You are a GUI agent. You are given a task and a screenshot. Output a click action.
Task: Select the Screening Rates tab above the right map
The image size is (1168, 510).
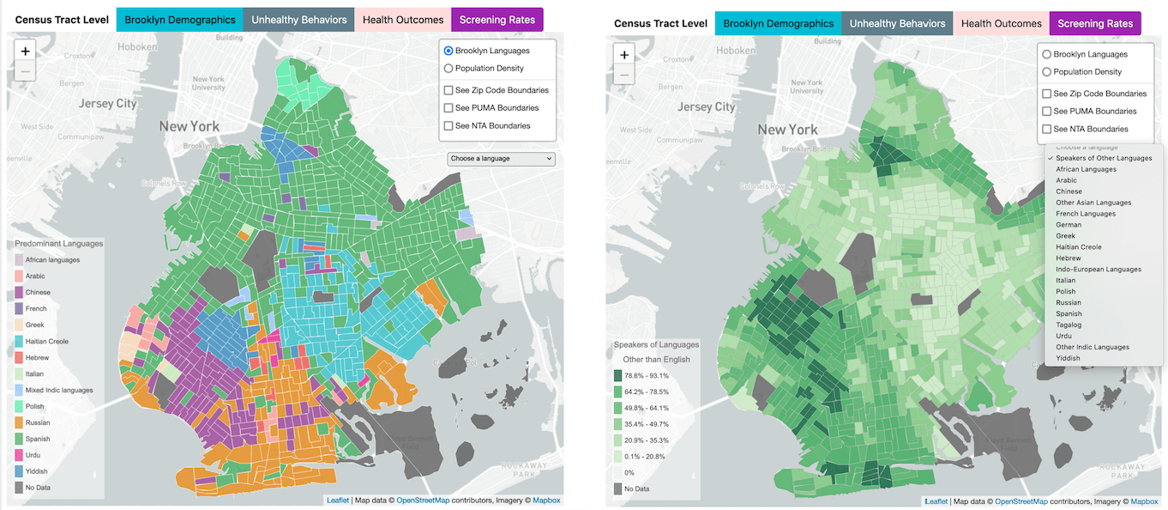pyautogui.click(x=1095, y=23)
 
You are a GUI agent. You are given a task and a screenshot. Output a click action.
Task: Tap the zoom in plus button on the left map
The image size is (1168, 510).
pyautogui.click(x=26, y=52)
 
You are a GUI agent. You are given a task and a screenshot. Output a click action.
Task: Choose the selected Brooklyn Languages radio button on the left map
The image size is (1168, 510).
pyautogui.click(x=449, y=52)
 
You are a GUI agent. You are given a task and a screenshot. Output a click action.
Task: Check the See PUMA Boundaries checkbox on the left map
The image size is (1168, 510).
pyautogui.click(x=449, y=108)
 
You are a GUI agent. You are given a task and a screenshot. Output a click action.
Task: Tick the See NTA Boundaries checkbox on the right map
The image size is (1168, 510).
pyautogui.click(x=1047, y=129)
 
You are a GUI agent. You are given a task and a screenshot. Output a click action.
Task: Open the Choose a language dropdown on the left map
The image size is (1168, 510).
pyautogui.click(x=501, y=159)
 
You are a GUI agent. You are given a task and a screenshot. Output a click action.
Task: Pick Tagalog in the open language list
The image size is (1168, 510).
pyautogui.click(x=1069, y=325)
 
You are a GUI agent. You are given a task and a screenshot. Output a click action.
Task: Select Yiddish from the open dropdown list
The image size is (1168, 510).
pyautogui.click(x=1068, y=358)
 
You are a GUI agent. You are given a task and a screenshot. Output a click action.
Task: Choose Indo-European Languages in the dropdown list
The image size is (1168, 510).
pyautogui.click(x=1099, y=270)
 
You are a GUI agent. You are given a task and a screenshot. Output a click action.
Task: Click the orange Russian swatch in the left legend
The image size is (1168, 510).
pyautogui.click(x=19, y=422)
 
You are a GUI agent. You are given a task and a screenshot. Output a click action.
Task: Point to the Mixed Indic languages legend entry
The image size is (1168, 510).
pyautogui.click(x=58, y=390)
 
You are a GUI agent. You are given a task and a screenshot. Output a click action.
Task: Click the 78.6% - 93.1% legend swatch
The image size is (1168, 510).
pyautogui.click(x=618, y=375)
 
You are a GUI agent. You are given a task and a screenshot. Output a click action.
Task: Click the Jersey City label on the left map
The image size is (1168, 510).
pyautogui.click(x=107, y=103)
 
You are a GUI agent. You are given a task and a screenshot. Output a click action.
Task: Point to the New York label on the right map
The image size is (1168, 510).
pyautogui.click(x=787, y=130)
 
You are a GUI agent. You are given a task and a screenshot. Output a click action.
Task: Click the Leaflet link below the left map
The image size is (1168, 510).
pyautogui.click(x=337, y=501)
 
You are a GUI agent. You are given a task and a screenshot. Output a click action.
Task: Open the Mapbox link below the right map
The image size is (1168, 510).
pyautogui.click(x=1144, y=501)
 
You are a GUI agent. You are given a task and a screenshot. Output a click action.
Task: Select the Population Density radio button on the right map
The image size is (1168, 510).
pyautogui.click(x=1047, y=72)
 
